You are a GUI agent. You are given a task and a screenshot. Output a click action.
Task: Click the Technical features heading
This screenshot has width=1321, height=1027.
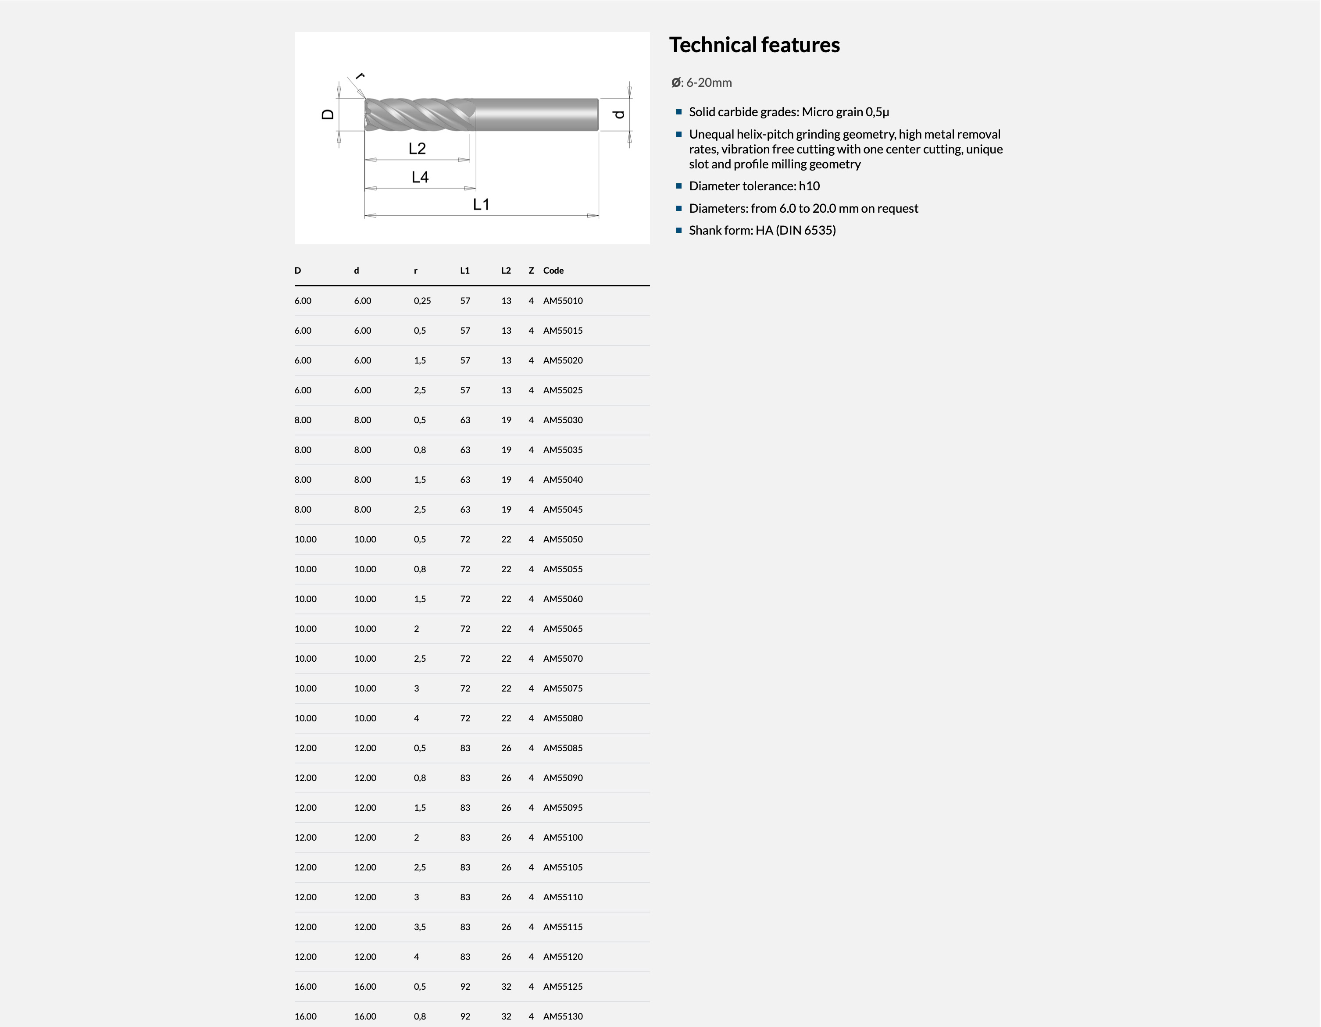point(754,45)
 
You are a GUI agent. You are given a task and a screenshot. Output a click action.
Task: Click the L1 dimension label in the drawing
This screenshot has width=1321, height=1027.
point(481,204)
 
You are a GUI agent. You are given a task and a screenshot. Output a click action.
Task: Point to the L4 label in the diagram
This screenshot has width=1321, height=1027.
point(420,177)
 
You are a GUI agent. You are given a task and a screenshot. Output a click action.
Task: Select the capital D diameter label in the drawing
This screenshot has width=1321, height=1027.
point(328,114)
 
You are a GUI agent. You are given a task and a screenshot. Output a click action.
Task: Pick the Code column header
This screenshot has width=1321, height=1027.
point(553,271)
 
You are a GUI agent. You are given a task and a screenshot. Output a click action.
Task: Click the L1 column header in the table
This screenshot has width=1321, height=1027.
point(464,271)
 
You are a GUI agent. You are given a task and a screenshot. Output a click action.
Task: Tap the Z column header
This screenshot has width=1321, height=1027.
point(531,271)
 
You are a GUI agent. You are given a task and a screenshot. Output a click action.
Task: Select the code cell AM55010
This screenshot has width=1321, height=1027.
point(563,300)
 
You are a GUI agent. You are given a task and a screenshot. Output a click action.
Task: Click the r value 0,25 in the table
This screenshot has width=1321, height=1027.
point(422,300)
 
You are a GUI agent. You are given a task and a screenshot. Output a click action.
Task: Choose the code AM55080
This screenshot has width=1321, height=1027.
point(563,718)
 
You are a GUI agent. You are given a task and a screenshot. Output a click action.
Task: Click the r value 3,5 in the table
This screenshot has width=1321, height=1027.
point(420,927)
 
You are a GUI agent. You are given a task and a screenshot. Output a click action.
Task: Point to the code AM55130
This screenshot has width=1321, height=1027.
point(563,1016)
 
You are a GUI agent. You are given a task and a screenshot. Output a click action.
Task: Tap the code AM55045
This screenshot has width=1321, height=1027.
point(563,509)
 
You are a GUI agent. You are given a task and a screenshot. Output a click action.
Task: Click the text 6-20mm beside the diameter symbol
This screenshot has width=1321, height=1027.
point(709,83)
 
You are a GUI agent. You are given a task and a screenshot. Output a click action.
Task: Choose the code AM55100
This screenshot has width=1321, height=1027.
point(563,837)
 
